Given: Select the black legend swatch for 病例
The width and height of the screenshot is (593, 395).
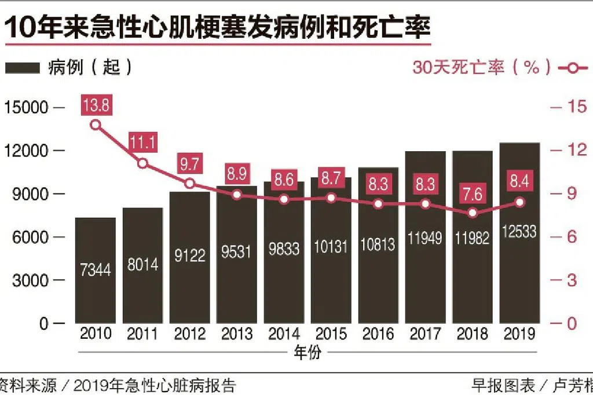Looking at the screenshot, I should pyautogui.click(x=23, y=68).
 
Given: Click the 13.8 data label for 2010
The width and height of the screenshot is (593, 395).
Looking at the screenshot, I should pyautogui.click(x=96, y=106).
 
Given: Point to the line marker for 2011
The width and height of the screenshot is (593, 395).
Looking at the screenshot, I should pyautogui.click(x=143, y=164).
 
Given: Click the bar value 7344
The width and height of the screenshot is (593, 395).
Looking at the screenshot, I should pyautogui.click(x=96, y=269).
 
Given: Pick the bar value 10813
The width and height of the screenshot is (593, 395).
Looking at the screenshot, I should pyautogui.click(x=379, y=244).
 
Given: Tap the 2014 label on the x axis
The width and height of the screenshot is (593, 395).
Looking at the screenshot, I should pyautogui.click(x=284, y=334).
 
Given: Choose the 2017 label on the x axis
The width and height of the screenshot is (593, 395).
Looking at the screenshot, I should pyautogui.click(x=426, y=334).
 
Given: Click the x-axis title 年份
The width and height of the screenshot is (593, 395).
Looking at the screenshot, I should pyautogui.click(x=307, y=352).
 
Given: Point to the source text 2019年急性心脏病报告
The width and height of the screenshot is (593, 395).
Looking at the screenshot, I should pyautogui.click(x=155, y=385).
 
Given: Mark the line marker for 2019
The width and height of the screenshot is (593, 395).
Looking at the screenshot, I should pyautogui.click(x=520, y=202).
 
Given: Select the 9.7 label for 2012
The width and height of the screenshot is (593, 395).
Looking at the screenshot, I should pyautogui.click(x=190, y=164).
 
